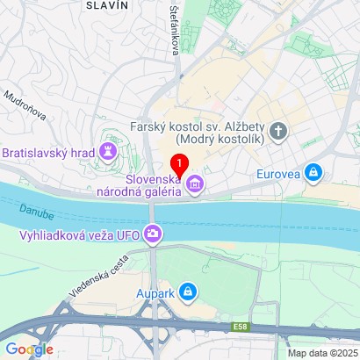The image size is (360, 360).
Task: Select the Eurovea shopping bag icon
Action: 313,172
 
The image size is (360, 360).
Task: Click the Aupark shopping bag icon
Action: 187,291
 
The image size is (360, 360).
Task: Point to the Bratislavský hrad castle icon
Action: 108,151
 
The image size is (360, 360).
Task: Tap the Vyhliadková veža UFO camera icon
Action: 154,234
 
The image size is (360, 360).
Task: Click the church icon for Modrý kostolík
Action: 278,133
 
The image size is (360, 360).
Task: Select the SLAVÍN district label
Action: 107,5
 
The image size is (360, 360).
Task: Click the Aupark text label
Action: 154,292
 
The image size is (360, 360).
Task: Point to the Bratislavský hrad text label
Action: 47,152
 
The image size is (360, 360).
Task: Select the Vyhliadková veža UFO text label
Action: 80,234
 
